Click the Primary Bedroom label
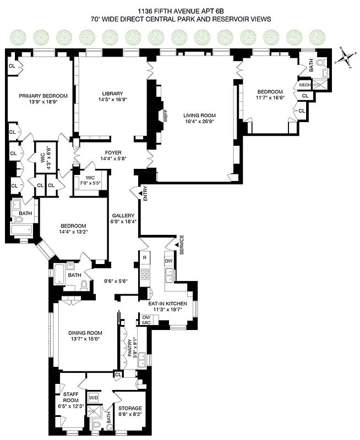click(x=39, y=95)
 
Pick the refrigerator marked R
click(x=144, y=257)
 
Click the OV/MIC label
click(x=147, y=320)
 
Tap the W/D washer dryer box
click(x=94, y=397)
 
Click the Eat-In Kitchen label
click(x=168, y=303)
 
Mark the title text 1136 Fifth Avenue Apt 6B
click(x=181, y=9)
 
